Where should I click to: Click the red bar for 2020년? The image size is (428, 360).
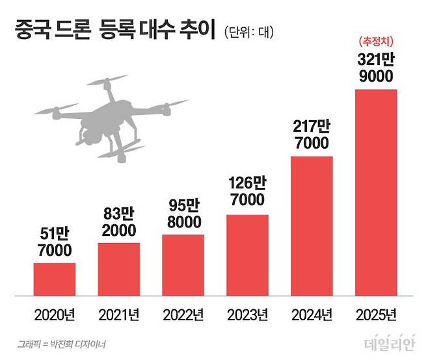point(55,279)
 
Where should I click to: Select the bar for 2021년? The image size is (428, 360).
point(119,269)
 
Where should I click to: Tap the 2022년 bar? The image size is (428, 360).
point(183,265)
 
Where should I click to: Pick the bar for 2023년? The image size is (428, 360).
point(248,255)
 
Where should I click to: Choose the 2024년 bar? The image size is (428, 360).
point(312,226)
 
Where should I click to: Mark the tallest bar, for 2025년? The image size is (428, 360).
point(376,192)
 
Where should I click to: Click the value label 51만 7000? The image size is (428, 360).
point(55,242)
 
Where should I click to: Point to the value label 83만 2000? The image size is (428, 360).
point(119,222)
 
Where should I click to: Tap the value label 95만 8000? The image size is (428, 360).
point(184,214)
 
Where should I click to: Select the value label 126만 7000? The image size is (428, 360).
point(248,191)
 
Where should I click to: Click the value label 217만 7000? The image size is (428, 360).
point(312,135)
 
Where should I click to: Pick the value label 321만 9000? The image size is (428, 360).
point(376,68)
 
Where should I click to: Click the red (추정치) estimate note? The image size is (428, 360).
point(376,42)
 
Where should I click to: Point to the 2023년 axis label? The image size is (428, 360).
point(248,315)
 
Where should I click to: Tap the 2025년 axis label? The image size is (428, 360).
point(376,315)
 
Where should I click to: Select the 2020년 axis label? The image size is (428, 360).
point(55,315)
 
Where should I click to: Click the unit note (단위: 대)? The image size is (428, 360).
point(249,32)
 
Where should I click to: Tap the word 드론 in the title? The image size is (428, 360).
point(73,29)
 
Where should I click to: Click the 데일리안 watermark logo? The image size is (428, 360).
point(390,343)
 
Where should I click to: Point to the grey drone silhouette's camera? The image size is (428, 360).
point(90,136)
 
